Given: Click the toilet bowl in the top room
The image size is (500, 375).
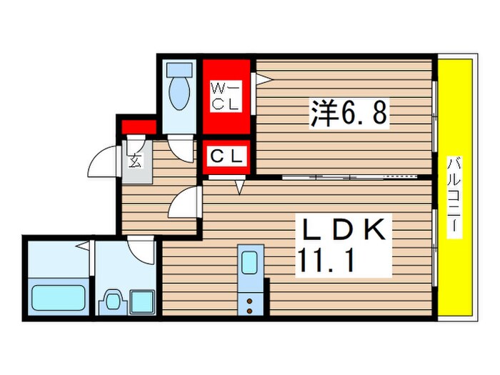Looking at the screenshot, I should point(179,96).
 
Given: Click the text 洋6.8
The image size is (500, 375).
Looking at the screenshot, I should point(349,113).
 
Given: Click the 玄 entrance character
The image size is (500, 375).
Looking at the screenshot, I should point(135,159).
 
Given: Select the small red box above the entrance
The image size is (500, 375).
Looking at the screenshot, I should point(138,129).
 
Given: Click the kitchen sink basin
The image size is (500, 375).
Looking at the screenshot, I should point(250,263).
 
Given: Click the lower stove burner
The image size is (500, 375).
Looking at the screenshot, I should point(250,311).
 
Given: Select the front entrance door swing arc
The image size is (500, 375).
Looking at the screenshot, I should point(100,164).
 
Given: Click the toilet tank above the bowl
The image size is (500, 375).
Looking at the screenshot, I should point(179,71).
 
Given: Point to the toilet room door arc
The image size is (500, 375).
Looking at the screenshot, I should point(184,149).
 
